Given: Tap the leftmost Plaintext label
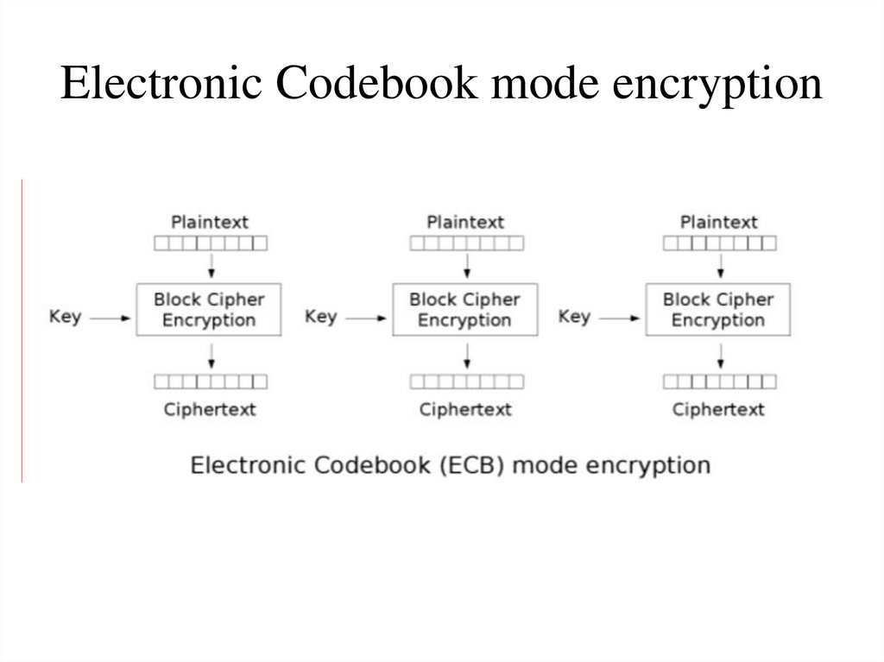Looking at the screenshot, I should pos(210,223).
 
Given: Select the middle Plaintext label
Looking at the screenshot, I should pos(465,223).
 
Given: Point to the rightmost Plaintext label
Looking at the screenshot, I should pos(719,223).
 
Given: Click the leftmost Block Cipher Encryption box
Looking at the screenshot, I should pos(209,310).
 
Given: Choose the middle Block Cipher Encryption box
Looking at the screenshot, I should pos(464,310).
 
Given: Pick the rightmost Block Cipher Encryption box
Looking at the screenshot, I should pos(718,310).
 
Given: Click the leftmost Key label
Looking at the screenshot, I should pos(65,317).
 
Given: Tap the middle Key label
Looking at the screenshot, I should pos(320,317).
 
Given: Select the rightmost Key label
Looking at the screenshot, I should pos(574,317).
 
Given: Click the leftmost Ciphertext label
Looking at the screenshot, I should pos(210,409).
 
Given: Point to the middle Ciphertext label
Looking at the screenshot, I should pos(465,409).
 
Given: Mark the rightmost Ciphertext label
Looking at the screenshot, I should pos(719,409).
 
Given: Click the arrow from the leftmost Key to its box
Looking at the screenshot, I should pos(110,318).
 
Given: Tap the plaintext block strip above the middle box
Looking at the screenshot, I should pos(466,243).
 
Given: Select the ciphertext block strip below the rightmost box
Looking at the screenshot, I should pos(719,381).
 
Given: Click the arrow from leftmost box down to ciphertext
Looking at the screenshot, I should pos(211,354).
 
